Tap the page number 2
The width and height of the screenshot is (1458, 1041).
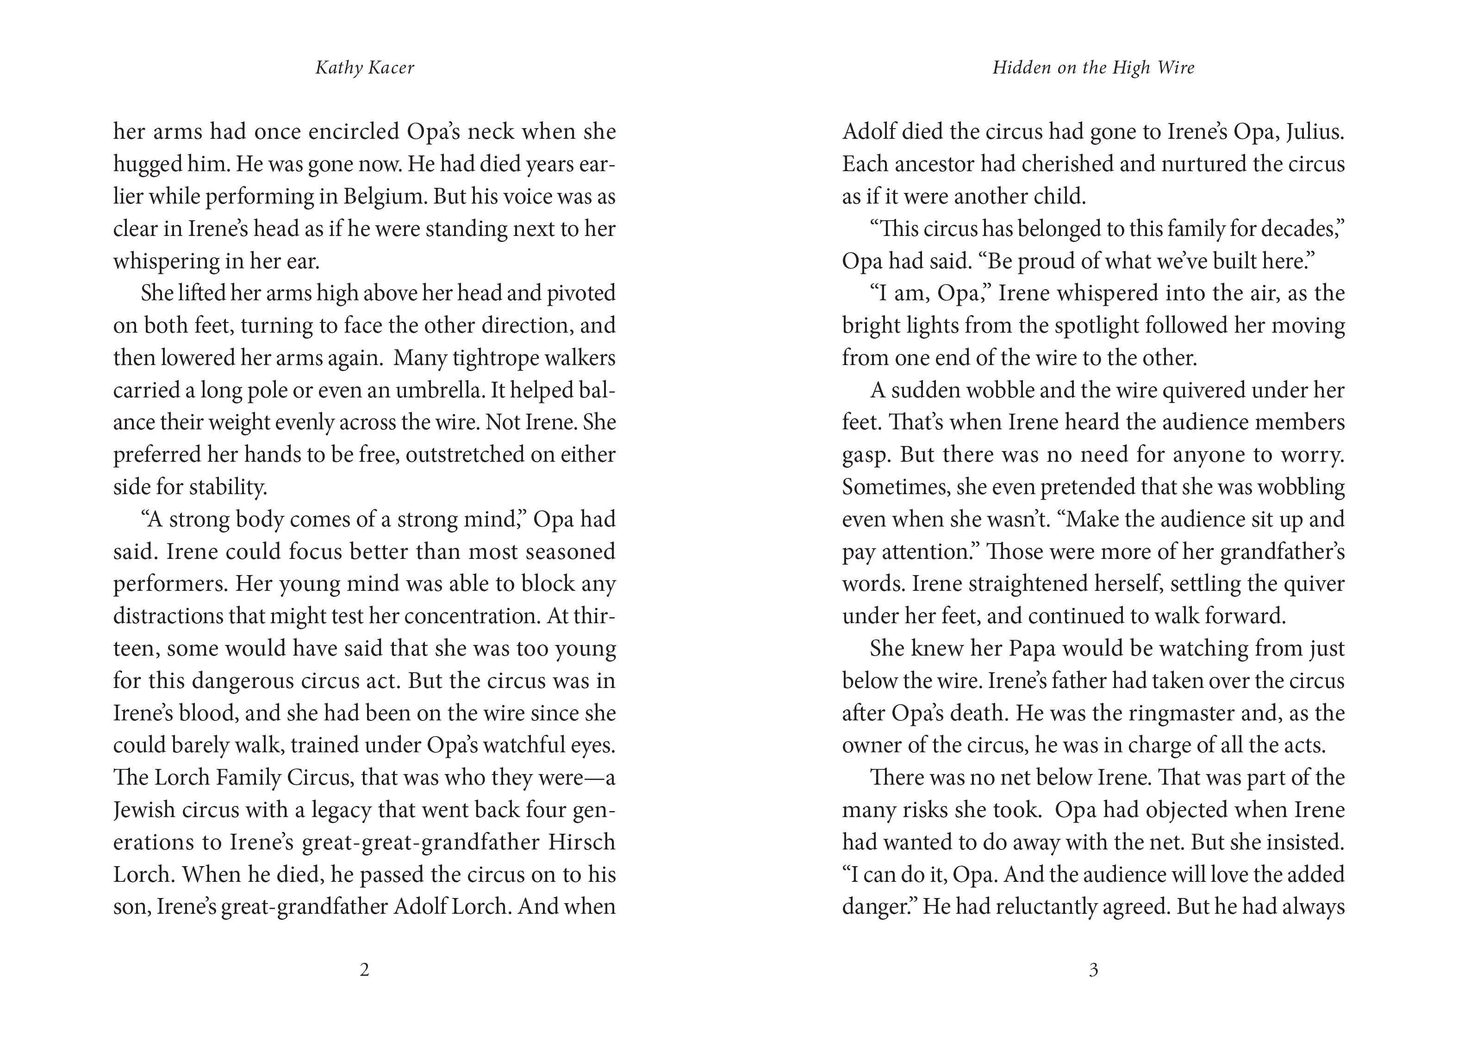pos(364,970)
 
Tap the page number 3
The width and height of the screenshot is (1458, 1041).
pos(1093,970)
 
